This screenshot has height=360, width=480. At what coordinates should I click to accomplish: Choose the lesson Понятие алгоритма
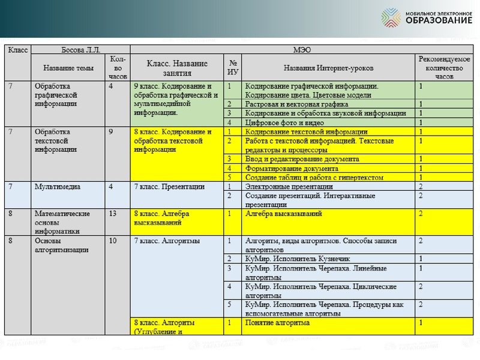(x=277, y=323)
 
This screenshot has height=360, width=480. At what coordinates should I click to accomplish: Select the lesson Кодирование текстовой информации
(x=306, y=131)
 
